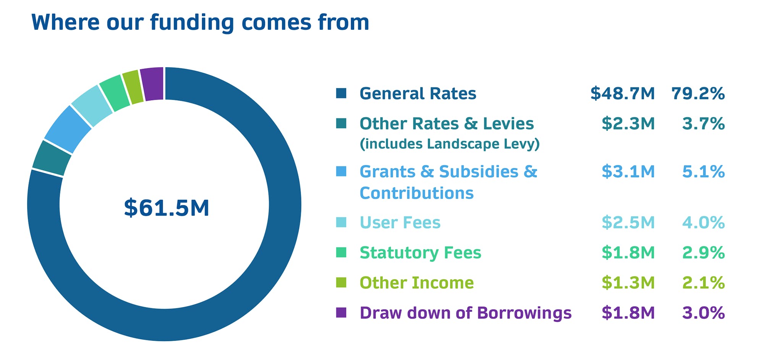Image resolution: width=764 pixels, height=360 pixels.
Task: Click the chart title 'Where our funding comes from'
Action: coord(200,22)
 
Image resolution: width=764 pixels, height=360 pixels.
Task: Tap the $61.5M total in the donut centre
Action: coord(167,208)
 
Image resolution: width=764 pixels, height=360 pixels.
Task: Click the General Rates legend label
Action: coord(418,94)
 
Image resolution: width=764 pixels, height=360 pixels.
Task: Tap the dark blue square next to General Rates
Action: coord(341,93)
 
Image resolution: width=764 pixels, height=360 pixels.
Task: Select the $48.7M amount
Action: coord(623,94)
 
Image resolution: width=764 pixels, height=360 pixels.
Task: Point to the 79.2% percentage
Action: coord(698,94)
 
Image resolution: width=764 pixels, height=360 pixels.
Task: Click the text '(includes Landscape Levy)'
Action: coord(450,144)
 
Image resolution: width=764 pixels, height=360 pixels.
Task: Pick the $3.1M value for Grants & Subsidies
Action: coord(628,171)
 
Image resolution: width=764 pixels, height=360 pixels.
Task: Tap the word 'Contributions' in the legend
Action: coord(416,193)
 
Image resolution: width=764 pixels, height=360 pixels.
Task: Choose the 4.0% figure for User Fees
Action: coord(703,222)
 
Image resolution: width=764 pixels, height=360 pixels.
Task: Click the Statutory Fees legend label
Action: coord(420,253)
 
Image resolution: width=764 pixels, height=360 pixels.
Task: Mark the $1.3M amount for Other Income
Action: coord(628,283)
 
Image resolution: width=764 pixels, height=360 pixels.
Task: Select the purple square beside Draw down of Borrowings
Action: coord(341,313)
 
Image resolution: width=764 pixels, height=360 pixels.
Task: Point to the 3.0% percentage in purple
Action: coord(703,313)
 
